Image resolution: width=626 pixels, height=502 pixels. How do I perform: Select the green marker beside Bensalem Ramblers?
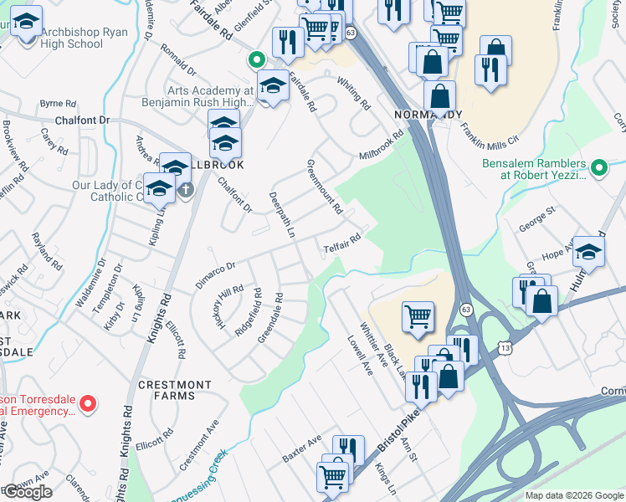point(598,169)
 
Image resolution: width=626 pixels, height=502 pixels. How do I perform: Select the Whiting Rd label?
point(354,93)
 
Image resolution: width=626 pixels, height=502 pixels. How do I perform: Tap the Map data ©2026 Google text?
point(574,495)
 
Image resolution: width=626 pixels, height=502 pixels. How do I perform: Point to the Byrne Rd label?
point(58,104)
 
